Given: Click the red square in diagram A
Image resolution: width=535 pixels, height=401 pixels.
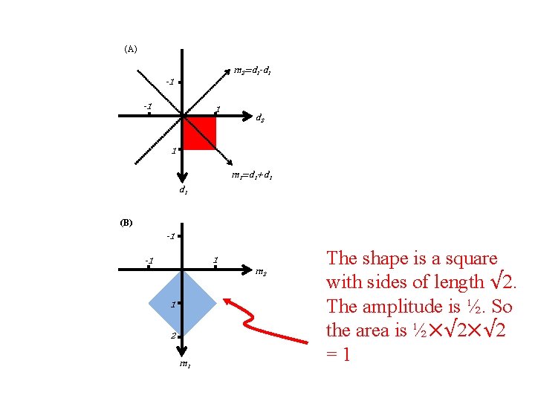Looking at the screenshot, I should click(198, 133).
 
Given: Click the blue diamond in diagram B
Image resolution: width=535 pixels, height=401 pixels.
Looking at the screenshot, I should click(182, 303).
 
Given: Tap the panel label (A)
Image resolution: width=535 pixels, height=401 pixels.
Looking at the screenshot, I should click(130, 49).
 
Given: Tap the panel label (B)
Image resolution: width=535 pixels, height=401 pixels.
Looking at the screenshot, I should click(126, 222).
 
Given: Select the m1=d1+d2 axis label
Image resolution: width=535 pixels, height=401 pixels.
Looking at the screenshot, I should click(250, 176).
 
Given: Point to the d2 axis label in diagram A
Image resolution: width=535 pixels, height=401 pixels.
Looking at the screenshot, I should click(260, 117).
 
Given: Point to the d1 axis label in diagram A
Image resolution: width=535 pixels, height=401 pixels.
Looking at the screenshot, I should click(182, 190).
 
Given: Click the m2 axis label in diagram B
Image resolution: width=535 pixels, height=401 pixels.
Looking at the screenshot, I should click(261, 273).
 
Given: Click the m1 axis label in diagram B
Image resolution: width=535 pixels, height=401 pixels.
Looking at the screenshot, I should click(184, 363).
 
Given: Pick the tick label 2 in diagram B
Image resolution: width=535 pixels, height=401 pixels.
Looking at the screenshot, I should click(172, 336).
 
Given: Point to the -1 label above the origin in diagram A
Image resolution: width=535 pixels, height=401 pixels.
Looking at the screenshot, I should click(169, 82).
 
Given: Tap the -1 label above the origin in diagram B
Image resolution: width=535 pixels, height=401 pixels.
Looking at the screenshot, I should click(170, 236).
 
